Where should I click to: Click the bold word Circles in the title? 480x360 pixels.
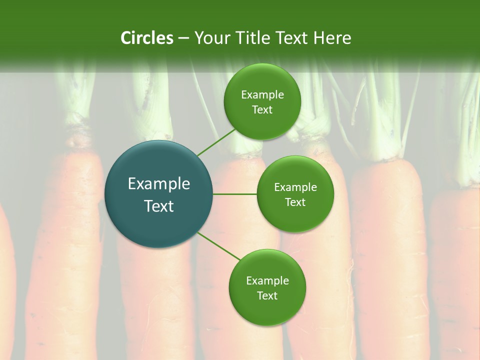click(147, 38)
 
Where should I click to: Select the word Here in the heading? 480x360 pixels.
click(333, 38)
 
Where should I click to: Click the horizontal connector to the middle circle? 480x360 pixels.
click(235, 194)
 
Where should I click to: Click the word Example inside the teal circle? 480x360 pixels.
click(159, 184)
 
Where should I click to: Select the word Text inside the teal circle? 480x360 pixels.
click(159, 206)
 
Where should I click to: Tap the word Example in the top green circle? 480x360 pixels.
click(262, 95)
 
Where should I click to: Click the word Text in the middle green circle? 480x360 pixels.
click(295, 202)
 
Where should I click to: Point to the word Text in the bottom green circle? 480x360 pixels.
click(267, 296)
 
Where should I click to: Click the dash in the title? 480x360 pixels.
click(183, 38)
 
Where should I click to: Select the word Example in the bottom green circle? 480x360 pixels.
click(267, 281)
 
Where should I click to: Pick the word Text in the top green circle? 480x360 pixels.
click(262, 110)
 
